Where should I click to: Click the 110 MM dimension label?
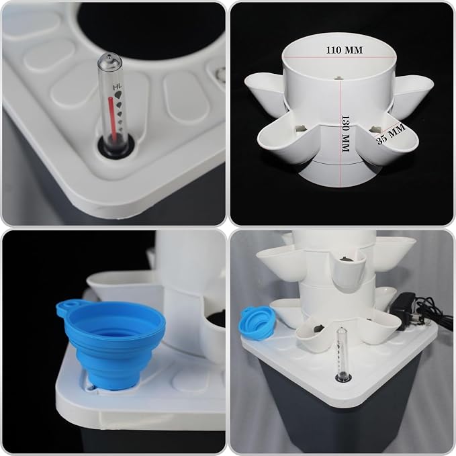coord(345,50)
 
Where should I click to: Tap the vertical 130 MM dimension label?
coord(345,134)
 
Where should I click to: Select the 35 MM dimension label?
coord(391,134)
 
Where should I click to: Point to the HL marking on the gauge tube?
coord(117,87)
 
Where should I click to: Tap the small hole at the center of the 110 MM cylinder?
coord(338,78)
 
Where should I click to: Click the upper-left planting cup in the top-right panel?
coord(264,89)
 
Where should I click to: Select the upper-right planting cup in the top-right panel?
coord(413,93)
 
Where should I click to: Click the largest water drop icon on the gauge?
coord(118,95)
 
